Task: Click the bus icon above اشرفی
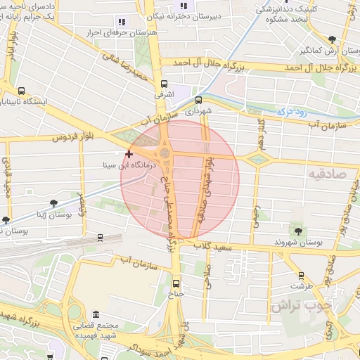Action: click(x=165, y=82)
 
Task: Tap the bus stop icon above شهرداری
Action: click(x=199, y=100)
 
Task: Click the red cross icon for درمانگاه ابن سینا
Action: click(x=129, y=154)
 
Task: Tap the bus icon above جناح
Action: click(x=176, y=283)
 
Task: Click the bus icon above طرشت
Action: click(x=302, y=276)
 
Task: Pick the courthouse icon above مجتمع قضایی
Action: click(x=96, y=314)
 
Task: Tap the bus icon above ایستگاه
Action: click(x=21, y=91)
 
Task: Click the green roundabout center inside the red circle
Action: click(x=165, y=153)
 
